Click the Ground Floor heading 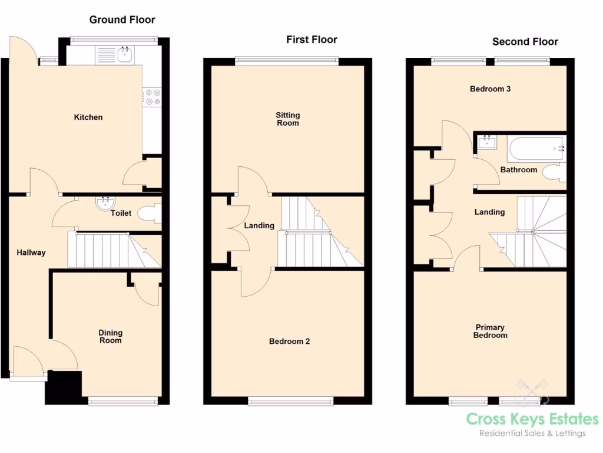click(122, 19)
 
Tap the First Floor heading click(312, 40)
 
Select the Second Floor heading click(525, 41)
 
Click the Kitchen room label click(88, 117)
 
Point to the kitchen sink click(125, 55)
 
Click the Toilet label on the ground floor click(121, 213)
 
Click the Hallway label click(31, 252)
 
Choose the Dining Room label click(110, 336)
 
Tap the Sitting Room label click(288, 119)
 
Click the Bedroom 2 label click(289, 341)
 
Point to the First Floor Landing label click(259, 225)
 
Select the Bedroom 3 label click(490, 89)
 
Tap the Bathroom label click(518, 170)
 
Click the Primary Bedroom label click(490, 331)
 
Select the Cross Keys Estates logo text click(532, 419)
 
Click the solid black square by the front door click(64, 387)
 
